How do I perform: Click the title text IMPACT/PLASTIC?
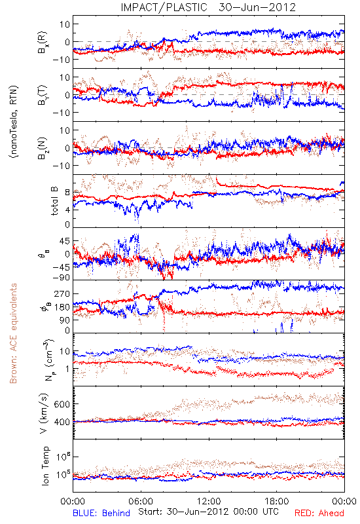pos(164,7)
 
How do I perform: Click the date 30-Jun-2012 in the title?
pos(257,7)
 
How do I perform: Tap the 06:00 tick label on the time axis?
pos(141,501)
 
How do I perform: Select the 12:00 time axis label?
pos(209,501)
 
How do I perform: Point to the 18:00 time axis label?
pos(277,501)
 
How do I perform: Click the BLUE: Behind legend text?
pos(101,513)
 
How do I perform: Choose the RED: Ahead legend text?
pos(319,513)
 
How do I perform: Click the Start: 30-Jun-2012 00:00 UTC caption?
pos(208,512)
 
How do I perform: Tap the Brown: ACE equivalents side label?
pos(13,333)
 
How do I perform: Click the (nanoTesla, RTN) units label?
pos(14,121)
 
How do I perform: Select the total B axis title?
pos(54,201)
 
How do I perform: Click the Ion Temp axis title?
pos(45,466)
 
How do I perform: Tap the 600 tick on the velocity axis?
pos(62,404)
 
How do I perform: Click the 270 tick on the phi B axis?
pos(62,293)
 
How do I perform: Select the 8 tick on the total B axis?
pos(67,193)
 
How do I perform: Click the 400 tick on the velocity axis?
pos(62,422)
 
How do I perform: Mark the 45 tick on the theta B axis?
pos(64,241)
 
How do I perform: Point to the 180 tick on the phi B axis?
pos(62,307)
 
